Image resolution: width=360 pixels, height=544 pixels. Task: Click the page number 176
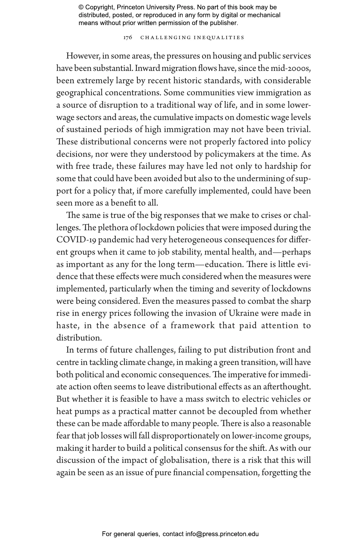pos(128,38)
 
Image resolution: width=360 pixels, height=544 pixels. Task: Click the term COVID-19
pos(76,240)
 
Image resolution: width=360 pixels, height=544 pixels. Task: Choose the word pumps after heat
pos(87,411)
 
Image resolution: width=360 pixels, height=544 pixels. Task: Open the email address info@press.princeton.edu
pos(222,534)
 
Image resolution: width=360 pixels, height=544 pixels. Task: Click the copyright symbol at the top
pos(81,7)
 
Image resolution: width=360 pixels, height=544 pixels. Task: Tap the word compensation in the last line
pos(232,473)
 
